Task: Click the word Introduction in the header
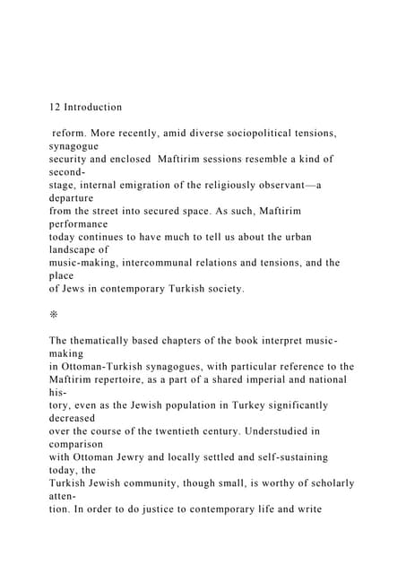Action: (x=93, y=108)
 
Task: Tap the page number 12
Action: (x=56, y=108)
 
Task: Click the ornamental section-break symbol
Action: (x=56, y=315)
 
